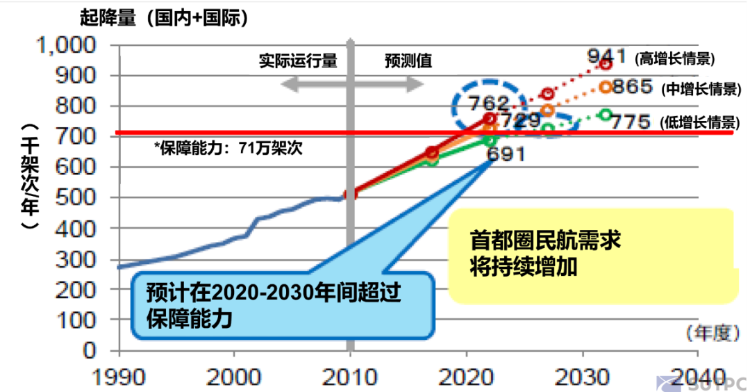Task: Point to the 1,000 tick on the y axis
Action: [67, 46]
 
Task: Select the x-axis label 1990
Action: [119, 377]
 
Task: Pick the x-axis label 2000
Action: [235, 377]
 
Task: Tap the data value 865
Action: [633, 87]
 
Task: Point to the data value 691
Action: [506, 154]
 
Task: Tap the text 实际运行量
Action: [299, 61]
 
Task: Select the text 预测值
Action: [408, 61]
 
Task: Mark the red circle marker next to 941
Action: [606, 64]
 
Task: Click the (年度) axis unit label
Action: [710, 334]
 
